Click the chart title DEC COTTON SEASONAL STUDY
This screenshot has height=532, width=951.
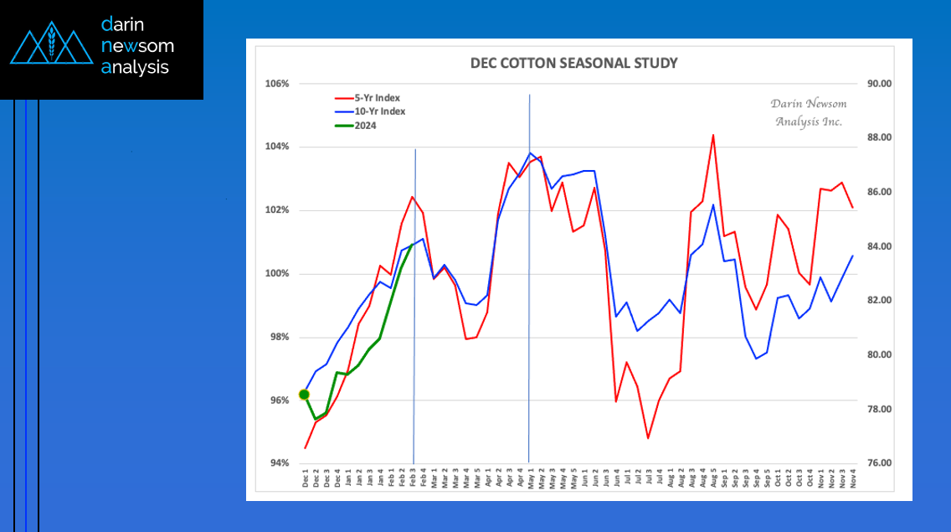[573, 63]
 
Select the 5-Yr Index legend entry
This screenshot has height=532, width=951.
[368, 98]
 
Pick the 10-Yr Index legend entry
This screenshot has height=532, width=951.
[370, 111]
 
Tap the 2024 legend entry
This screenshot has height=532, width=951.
[356, 126]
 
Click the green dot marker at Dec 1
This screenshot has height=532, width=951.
[305, 395]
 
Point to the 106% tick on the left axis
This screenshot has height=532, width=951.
[276, 84]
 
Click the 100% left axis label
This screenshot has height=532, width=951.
[276, 274]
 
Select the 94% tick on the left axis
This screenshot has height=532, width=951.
[279, 463]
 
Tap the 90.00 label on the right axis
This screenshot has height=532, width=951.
[880, 84]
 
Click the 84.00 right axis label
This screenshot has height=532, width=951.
[880, 246]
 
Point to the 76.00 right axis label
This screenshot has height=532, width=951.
[880, 463]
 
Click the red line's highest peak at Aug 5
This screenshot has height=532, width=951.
[713, 136]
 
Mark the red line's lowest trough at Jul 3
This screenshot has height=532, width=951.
[648, 438]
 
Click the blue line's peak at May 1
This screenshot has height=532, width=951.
[529, 153]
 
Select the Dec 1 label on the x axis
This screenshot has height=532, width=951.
[305, 478]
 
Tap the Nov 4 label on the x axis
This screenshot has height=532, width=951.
[853, 478]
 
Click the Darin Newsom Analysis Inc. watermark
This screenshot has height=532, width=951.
[809, 112]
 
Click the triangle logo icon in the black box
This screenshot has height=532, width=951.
[52, 43]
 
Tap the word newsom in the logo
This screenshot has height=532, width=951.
[137, 45]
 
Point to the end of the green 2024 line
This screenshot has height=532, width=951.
[413, 245]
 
